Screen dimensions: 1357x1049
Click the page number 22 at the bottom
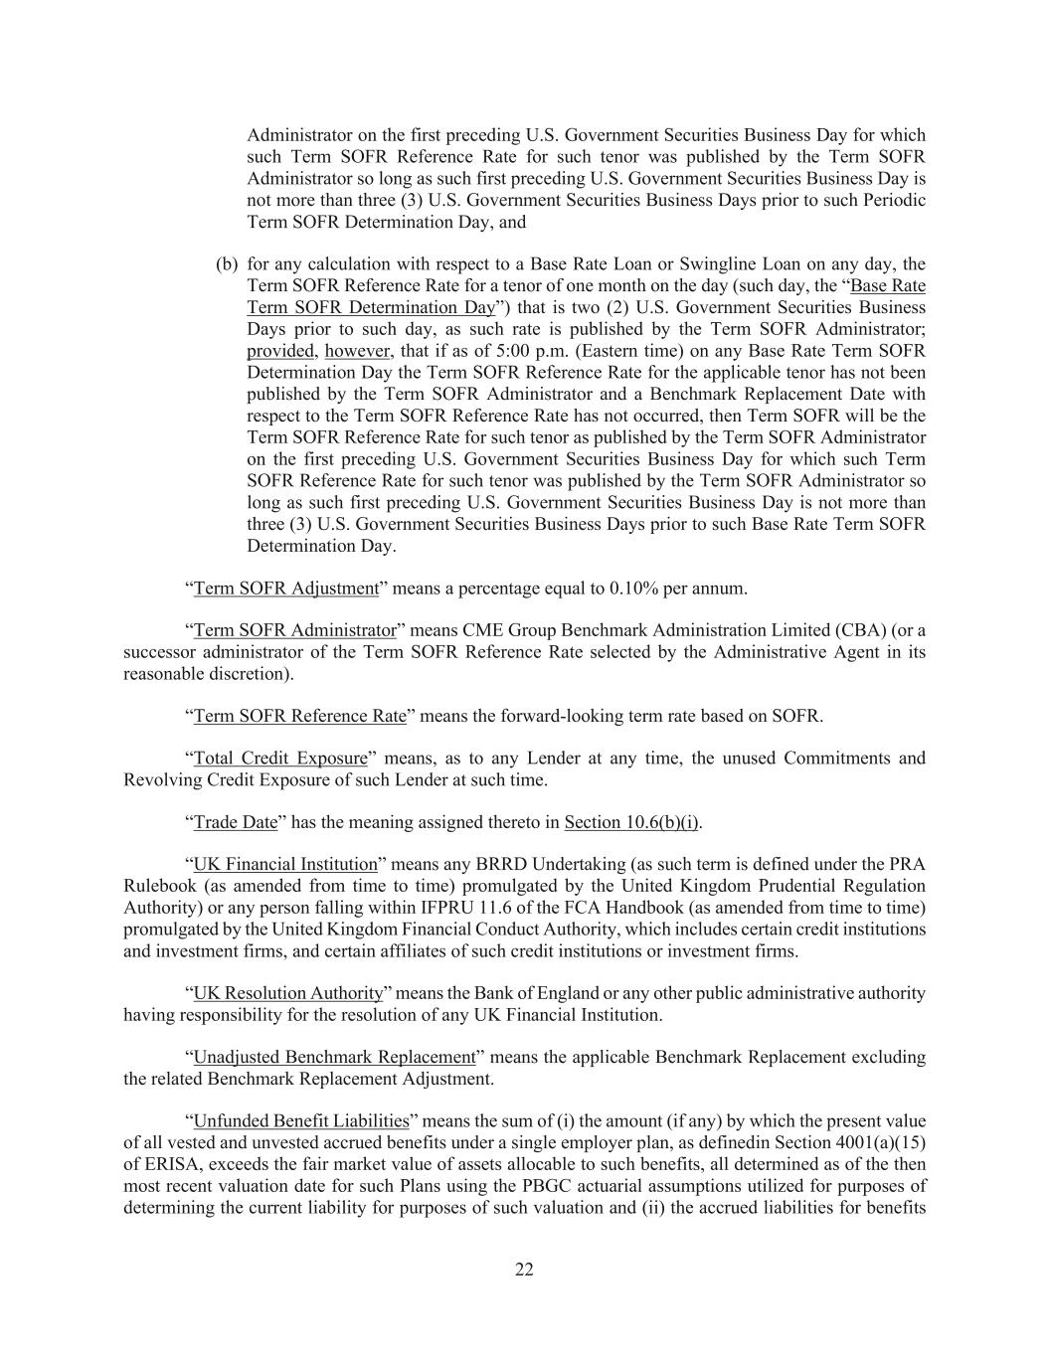click(524, 1270)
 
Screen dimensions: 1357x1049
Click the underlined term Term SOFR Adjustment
click(286, 589)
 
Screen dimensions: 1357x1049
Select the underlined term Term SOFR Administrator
click(294, 630)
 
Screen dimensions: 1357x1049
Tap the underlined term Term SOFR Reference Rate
click(299, 716)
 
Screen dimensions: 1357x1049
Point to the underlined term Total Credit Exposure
click(280, 759)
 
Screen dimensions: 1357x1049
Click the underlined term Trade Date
click(236, 822)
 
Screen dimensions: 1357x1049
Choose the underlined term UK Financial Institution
click(285, 865)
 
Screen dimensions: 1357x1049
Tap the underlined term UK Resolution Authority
click(288, 993)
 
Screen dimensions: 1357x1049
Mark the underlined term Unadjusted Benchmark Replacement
click(334, 1057)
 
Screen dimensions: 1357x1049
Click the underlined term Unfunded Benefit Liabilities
click(301, 1121)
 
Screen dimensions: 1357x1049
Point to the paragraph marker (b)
click(227, 264)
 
